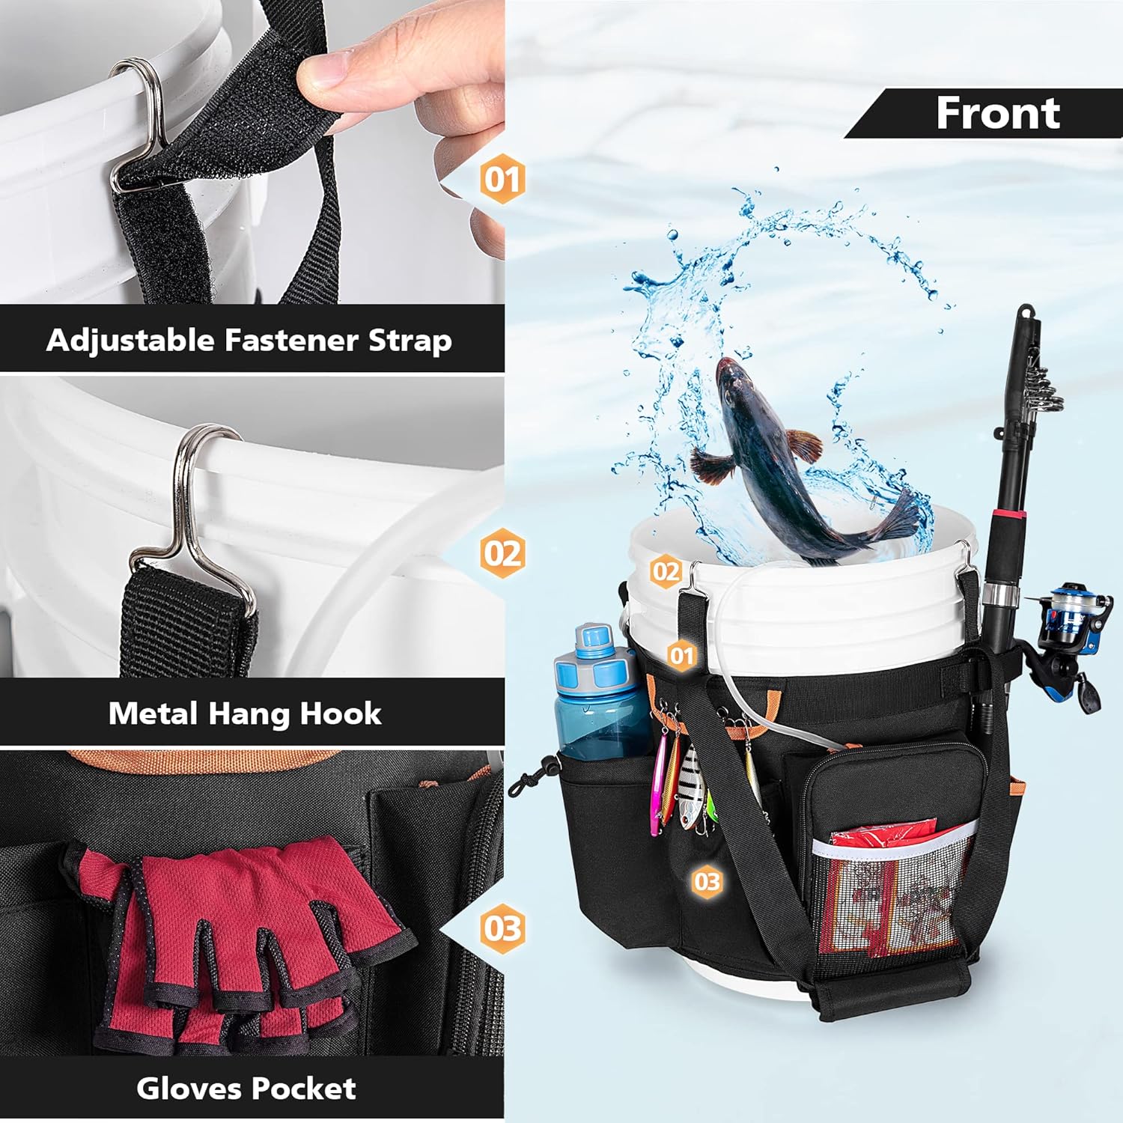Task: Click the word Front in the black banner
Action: click(998, 113)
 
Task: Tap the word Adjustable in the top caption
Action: click(131, 341)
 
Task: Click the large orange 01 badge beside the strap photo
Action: click(502, 180)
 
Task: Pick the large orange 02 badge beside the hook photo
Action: click(502, 553)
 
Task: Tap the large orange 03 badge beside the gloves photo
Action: click(502, 928)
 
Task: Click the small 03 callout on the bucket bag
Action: click(707, 881)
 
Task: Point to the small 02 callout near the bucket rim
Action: click(666, 572)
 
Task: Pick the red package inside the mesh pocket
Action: click(883, 891)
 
